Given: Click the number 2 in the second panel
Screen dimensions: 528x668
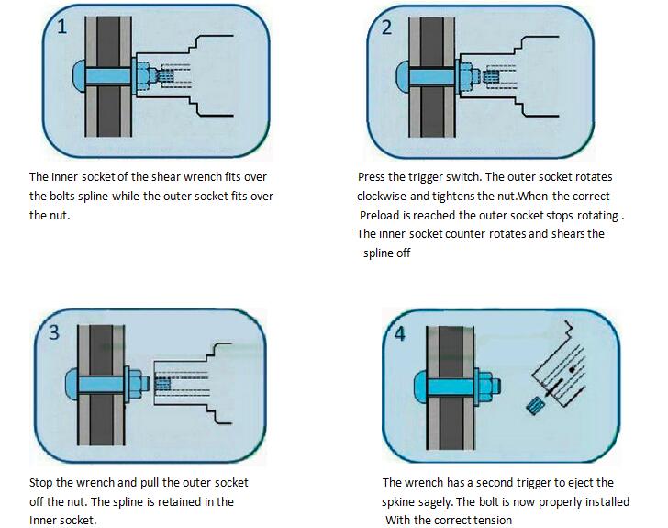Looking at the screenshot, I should [386, 28].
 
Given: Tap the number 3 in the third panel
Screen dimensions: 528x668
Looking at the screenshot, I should [55, 332].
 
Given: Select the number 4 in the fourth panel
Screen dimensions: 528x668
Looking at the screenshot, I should [399, 333].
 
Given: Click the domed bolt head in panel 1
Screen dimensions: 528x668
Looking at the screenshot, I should [75, 72].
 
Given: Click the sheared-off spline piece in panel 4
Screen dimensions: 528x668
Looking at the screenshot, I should [534, 400].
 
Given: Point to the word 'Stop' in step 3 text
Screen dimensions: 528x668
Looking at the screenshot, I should [42, 482].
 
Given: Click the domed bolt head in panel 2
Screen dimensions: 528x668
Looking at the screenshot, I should [400, 72].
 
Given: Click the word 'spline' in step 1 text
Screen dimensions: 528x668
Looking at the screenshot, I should [89, 196].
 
